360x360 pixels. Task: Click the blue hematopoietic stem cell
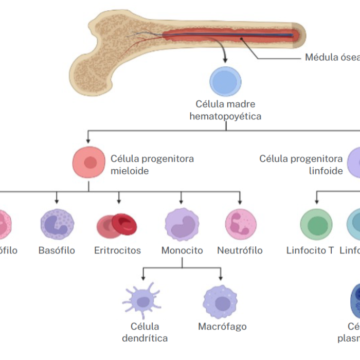point(225,82)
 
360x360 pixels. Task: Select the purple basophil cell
point(57,224)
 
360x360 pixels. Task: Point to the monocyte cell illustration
point(182,224)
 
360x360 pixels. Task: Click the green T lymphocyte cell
point(316,224)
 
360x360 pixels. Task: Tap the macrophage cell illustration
point(220,302)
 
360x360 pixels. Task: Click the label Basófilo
point(57,250)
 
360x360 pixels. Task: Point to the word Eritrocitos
point(117,250)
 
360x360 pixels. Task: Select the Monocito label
point(182,250)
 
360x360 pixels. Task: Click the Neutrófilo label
point(240,250)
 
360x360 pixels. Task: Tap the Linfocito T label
point(310,250)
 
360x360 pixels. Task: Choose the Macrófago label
point(222,327)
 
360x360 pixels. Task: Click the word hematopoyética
point(225,116)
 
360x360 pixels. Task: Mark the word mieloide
point(130,170)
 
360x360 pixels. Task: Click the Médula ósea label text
point(332,57)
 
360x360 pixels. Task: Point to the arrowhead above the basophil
point(57,200)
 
